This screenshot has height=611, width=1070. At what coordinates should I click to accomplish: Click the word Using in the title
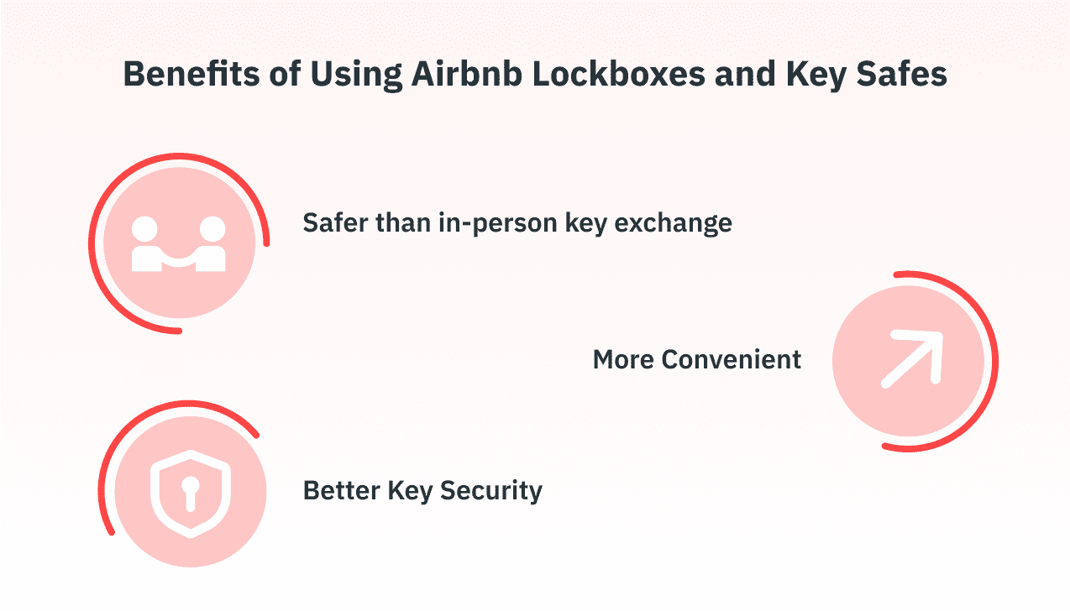click(346, 75)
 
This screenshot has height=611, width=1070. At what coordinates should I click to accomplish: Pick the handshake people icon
click(179, 244)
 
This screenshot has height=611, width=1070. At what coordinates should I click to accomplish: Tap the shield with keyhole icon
click(190, 493)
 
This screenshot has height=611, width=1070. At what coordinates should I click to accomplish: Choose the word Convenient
click(732, 360)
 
